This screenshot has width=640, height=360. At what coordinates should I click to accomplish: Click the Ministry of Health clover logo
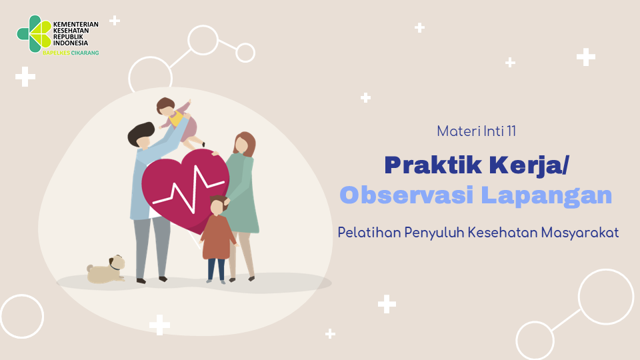[x=34, y=34]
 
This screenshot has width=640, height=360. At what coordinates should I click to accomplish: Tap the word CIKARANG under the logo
[x=85, y=53]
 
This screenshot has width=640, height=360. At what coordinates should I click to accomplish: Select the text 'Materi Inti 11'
[x=476, y=131]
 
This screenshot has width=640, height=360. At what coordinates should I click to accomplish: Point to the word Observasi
[x=407, y=195]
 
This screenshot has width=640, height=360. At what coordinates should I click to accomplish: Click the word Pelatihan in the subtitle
[x=369, y=232]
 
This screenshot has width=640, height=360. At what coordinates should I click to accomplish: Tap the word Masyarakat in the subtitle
[x=580, y=233]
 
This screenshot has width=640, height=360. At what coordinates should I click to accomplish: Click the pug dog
[x=106, y=270]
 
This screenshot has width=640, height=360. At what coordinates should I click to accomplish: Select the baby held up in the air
[x=179, y=121]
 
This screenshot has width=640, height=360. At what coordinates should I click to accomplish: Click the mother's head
[x=244, y=144]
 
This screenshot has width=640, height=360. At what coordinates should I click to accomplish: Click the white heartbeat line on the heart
[x=188, y=190]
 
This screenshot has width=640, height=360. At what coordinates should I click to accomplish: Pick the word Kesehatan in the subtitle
[x=503, y=232]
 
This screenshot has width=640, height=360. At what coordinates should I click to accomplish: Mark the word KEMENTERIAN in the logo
[x=76, y=24]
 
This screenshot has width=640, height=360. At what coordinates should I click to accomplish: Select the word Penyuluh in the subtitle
[x=434, y=233]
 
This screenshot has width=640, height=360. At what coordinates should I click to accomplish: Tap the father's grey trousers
[x=152, y=247]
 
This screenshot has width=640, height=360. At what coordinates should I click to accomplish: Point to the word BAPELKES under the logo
[x=56, y=53]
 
